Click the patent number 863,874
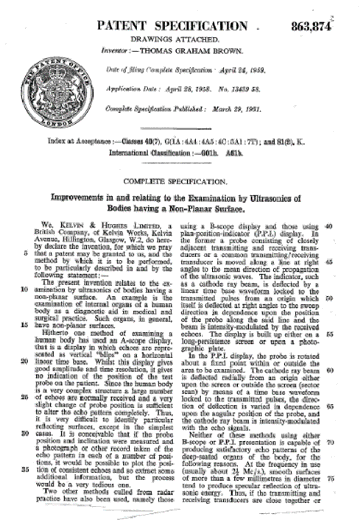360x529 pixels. click(311, 27)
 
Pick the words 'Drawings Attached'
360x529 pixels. click(175, 39)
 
